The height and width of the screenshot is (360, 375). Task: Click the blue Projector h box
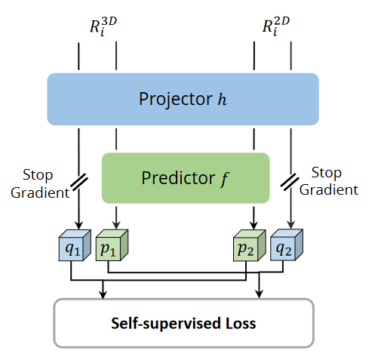coord(183,99)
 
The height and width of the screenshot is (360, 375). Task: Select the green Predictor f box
coord(186,178)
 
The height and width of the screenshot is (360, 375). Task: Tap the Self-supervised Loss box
coord(183,324)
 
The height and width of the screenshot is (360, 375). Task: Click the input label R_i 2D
coord(275,27)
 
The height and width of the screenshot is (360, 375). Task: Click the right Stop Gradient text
coord(328,182)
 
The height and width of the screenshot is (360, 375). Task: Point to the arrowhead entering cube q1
coord(79,224)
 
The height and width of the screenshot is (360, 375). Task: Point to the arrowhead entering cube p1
coord(115,224)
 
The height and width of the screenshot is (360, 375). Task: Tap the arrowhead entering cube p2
coord(254,224)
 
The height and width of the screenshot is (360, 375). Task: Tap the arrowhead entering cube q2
coord(290,224)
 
